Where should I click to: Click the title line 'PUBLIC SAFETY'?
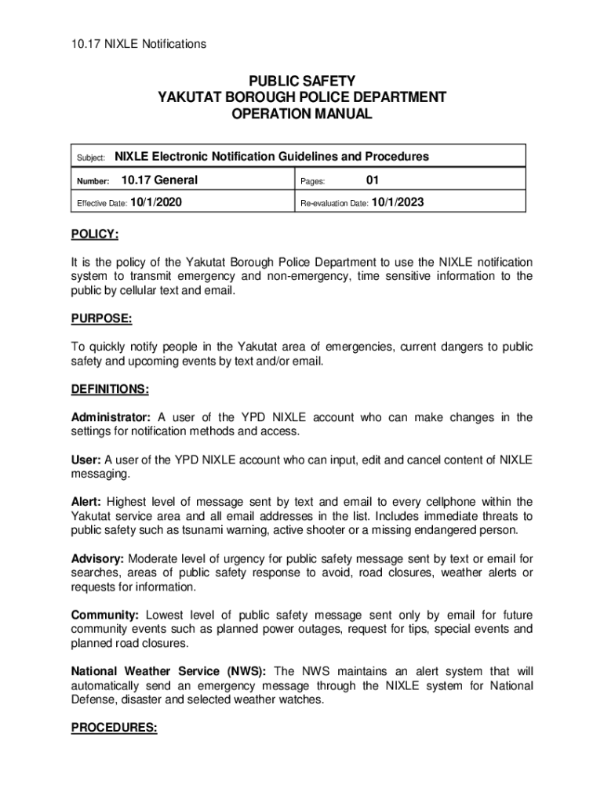pos(302,81)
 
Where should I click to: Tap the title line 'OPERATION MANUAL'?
pos(302,114)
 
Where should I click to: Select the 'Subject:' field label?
pos(91,158)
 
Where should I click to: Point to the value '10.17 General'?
pos(159,180)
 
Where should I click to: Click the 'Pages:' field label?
pos(312,181)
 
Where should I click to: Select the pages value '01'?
pos(373,180)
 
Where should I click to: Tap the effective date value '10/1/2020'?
pos(156,202)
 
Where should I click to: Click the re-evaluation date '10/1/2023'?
pos(398,202)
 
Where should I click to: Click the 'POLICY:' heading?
pos(95,234)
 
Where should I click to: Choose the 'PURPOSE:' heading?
pos(101,319)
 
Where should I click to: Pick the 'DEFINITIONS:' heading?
pos(110,389)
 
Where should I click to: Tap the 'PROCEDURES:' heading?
pos(115,727)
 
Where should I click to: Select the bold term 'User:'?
pos(86,460)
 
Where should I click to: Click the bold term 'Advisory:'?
pos(97,558)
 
